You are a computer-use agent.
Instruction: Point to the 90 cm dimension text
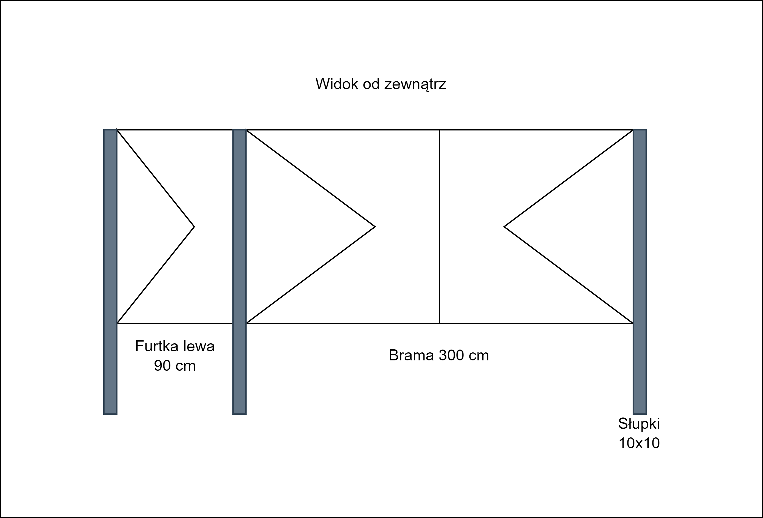point(175,366)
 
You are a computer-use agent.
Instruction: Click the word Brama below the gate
point(412,355)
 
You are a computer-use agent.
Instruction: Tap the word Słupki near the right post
point(639,424)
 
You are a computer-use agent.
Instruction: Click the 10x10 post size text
point(639,443)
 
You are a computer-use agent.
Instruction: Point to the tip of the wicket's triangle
point(194,227)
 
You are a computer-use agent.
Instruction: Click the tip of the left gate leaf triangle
point(375,227)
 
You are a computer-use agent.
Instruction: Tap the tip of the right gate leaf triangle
point(504,227)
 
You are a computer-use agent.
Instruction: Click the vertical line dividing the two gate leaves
point(440,227)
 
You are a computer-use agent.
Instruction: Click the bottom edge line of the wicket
point(175,323)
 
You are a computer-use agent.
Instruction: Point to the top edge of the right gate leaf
point(536,130)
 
